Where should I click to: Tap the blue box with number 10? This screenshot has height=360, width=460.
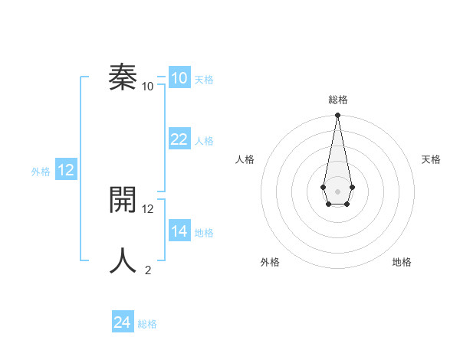(179, 78)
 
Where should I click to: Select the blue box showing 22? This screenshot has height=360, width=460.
(179, 139)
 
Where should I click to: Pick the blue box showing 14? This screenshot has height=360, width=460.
(179, 231)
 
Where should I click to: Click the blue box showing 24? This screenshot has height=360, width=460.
(122, 322)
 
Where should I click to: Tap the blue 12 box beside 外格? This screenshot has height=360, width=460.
(66, 170)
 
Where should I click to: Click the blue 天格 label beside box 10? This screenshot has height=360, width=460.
(204, 80)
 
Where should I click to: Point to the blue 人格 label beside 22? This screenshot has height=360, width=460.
(204, 141)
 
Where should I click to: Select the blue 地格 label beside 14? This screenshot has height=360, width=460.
(204, 233)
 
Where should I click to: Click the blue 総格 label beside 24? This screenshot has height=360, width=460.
(147, 324)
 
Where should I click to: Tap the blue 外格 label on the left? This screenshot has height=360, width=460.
(41, 172)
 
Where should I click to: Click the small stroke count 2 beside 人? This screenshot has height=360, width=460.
(148, 270)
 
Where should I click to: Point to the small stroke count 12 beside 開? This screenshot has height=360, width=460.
(148, 208)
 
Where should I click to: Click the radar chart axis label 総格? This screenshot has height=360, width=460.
(337, 100)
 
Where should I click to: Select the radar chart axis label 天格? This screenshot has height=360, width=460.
(431, 159)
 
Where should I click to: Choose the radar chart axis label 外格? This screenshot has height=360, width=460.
(270, 262)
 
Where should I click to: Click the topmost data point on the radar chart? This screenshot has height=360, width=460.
(337, 116)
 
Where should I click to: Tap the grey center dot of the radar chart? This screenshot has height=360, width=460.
(337, 191)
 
